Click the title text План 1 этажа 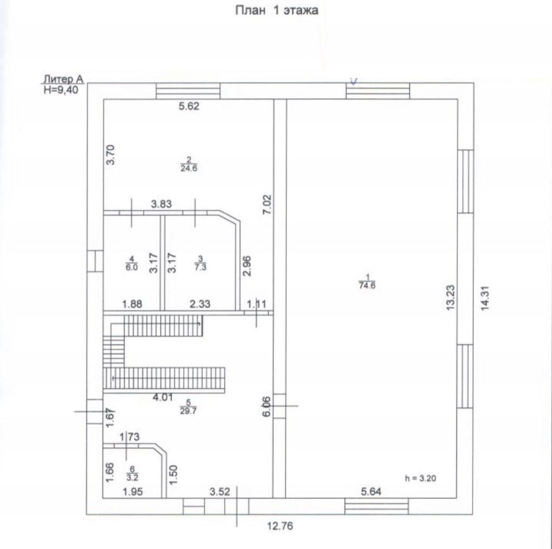[x=277, y=10]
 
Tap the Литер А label [x=63, y=79]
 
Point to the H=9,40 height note [x=61, y=90]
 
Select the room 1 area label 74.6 [x=367, y=285]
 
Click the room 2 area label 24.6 [x=189, y=168]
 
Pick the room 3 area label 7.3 [x=201, y=267]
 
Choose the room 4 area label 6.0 [x=132, y=267]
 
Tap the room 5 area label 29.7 [x=189, y=411]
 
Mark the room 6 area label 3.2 [x=132, y=478]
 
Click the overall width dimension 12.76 [x=280, y=526]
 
